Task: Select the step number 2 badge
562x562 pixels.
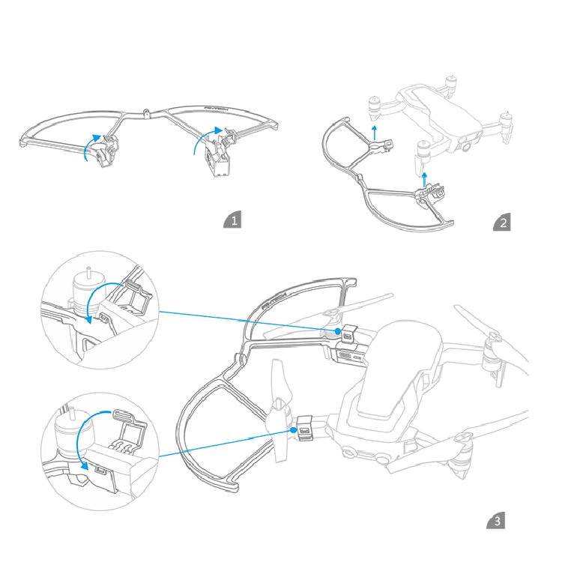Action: pyautogui.click(x=503, y=222)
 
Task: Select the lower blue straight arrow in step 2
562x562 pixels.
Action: pyautogui.click(x=425, y=178)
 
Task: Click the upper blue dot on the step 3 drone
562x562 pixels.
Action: pyautogui.click(x=339, y=330)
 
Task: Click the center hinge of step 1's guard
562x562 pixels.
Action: pyautogui.click(x=146, y=115)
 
